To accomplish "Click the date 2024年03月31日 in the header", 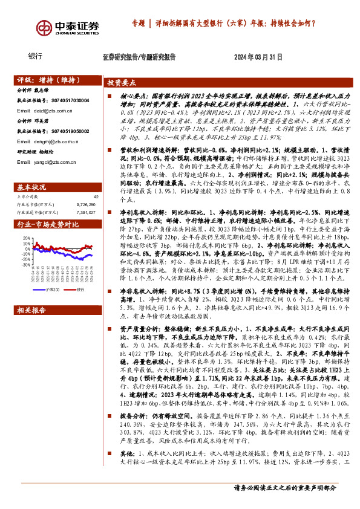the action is [x=258, y=57].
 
